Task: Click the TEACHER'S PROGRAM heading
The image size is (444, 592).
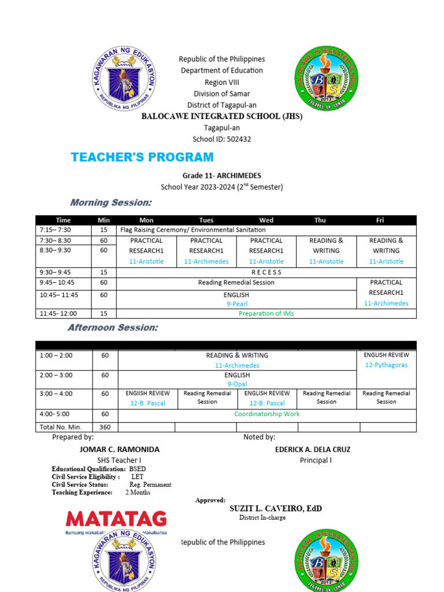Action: pyautogui.click(x=142, y=157)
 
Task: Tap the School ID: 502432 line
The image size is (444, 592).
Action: pyautogui.click(x=221, y=139)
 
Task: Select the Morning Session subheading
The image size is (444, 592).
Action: pyautogui.click(x=111, y=202)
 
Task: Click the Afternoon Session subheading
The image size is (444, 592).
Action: pyautogui.click(x=113, y=327)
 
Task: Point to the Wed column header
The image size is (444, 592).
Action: pyautogui.click(x=266, y=220)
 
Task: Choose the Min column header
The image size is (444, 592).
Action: pyautogui.click(x=103, y=220)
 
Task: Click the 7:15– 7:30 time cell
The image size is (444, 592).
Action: pyautogui.click(x=55, y=230)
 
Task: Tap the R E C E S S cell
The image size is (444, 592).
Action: pyautogui.click(x=266, y=272)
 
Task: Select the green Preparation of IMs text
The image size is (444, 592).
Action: pyautogui.click(x=266, y=313)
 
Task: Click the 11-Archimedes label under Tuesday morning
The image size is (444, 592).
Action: pyautogui.click(x=206, y=261)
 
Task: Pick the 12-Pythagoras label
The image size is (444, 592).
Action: pyautogui.click(x=386, y=365)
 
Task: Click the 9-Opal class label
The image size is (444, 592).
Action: pyautogui.click(x=237, y=383)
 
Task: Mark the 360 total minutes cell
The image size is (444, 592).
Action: pyautogui.click(x=105, y=427)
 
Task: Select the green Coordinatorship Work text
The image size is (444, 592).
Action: pyautogui.click(x=267, y=414)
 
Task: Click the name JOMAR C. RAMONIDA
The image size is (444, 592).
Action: pyautogui.click(x=119, y=449)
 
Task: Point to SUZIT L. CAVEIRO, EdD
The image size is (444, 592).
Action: pyautogui.click(x=276, y=509)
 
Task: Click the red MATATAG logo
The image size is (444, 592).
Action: pyautogui.click(x=116, y=519)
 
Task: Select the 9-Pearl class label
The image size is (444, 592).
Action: pyautogui.click(x=236, y=303)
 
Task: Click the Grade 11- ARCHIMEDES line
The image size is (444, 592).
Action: pyautogui.click(x=222, y=176)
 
